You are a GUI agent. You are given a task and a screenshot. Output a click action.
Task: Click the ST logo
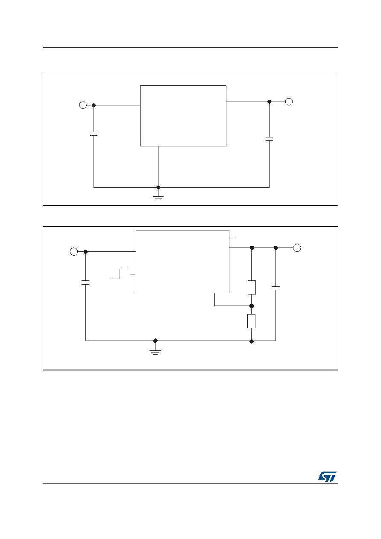327,476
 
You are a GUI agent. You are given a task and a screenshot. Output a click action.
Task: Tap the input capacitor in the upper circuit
94,134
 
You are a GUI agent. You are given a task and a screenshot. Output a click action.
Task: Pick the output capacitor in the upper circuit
269,139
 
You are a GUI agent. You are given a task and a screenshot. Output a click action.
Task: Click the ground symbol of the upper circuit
158,198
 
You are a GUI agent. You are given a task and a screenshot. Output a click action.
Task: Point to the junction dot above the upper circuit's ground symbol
158,187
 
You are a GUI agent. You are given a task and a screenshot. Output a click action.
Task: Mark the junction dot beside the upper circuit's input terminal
94,105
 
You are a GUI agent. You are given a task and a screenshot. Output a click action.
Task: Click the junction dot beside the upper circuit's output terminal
269,102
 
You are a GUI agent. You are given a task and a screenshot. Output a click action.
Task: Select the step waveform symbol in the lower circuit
120,274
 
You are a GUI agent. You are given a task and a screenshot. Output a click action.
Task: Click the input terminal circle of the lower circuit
74,252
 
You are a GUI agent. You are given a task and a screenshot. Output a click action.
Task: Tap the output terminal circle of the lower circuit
297,248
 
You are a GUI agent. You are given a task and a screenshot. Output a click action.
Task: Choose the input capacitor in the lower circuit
85,283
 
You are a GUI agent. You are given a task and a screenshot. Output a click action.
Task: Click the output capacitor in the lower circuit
276,288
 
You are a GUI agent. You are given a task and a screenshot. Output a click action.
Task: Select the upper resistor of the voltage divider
252,287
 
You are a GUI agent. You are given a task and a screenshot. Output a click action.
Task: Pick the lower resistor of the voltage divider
252,321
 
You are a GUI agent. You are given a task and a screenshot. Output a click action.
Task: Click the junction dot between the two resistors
252,306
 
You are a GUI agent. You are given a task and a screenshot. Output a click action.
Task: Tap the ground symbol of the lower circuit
155,352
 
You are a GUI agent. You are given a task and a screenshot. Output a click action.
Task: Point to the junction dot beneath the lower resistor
252,341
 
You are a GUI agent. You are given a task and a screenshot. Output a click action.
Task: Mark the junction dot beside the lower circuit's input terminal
85,252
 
